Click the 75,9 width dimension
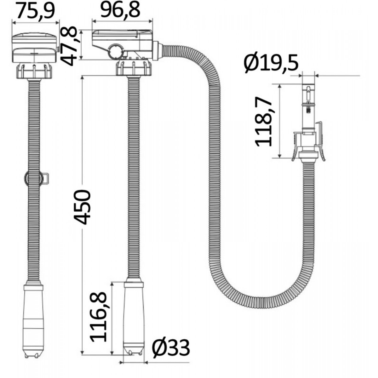[x=35, y=11]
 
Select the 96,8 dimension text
[x=120, y=10]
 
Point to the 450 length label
[x=83, y=207]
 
